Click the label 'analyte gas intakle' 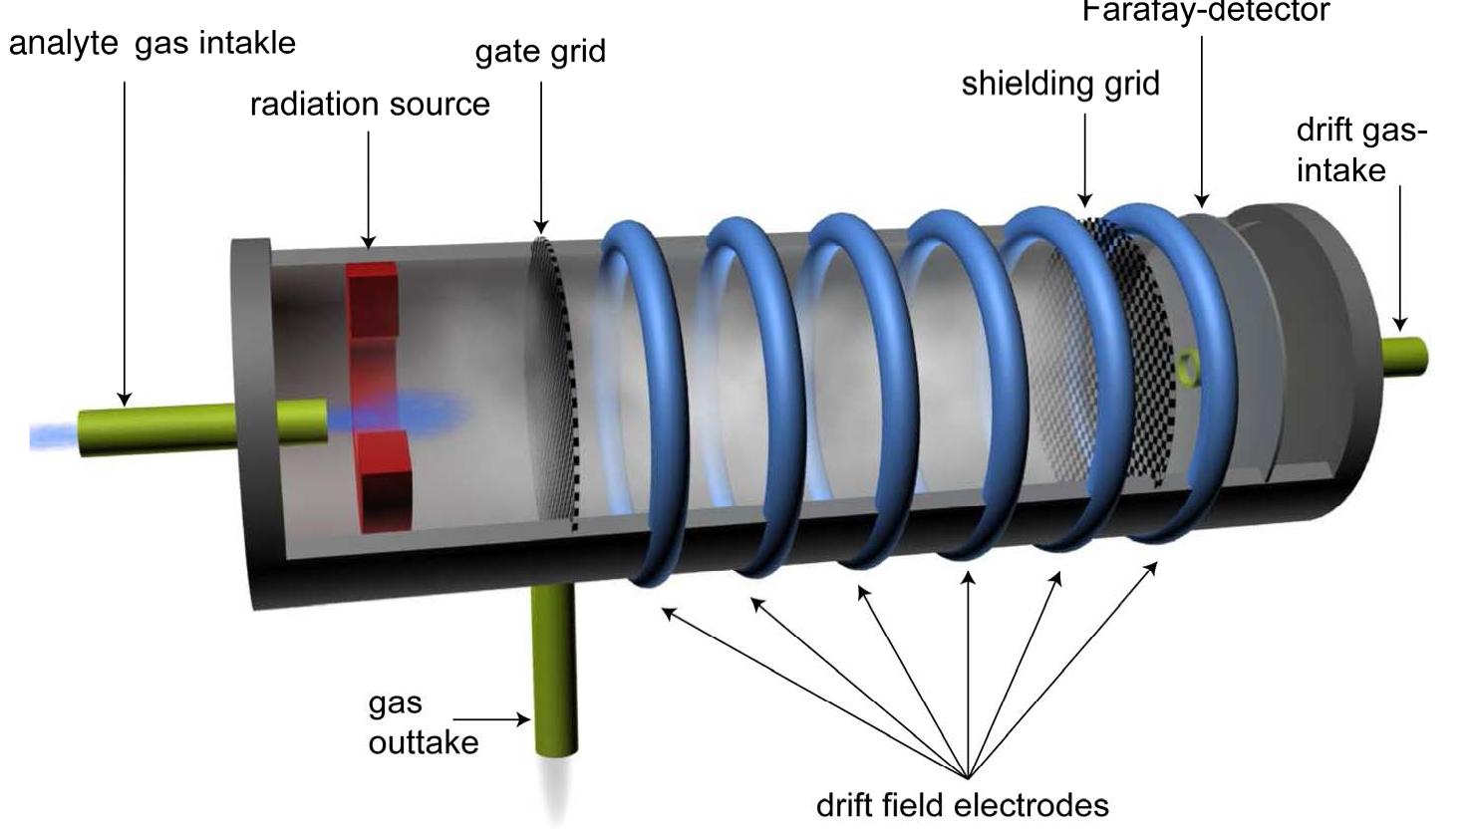[x=152, y=44]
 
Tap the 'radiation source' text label [x=370, y=105]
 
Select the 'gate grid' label [x=540, y=51]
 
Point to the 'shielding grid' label [x=1060, y=84]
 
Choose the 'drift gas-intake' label [x=1360, y=150]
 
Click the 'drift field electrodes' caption [x=962, y=804]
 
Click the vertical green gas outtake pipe [x=555, y=668]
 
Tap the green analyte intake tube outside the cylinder [x=159, y=428]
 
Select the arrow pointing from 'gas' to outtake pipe [x=491, y=719]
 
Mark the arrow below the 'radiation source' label [x=368, y=188]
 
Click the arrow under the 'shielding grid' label [x=1085, y=159]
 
